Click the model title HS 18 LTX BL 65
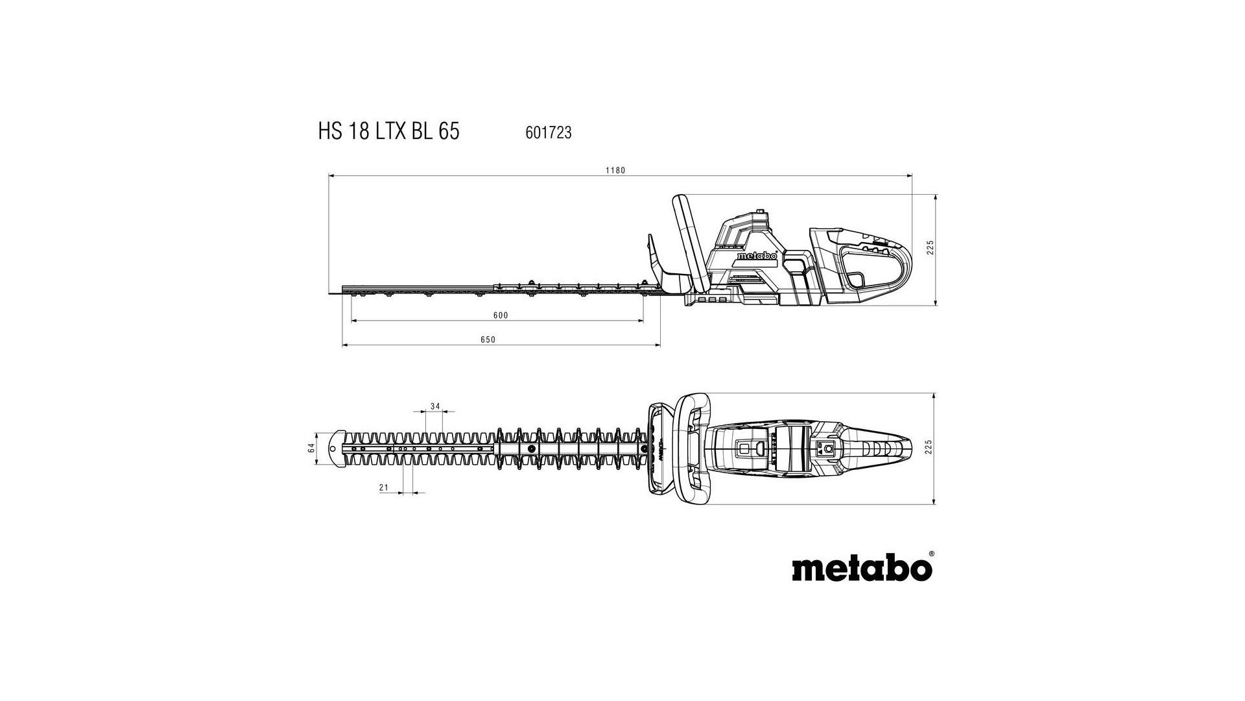point(388,131)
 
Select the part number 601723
point(548,132)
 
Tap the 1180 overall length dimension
point(615,170)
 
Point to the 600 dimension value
point(501,315)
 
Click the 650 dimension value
point(488,339)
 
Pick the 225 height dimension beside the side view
point(929,248)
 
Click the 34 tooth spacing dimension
point(435,406)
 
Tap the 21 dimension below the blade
point(383,487)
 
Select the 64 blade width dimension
point(311,448)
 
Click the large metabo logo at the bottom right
point(862,569)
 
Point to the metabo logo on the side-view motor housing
point(757,256)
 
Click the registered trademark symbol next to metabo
point(932,554)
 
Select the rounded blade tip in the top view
point(337,447)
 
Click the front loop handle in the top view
point(693,448)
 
